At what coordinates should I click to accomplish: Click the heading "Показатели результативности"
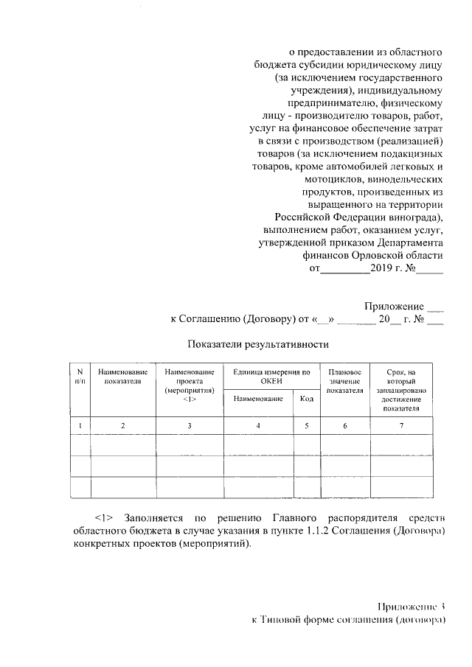tap(257, 344)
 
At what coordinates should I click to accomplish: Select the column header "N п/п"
tap(80, 376)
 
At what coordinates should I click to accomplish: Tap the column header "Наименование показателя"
tap(123, 376)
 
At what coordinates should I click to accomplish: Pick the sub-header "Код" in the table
tap(305, 399)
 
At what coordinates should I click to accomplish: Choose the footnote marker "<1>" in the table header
tap(190, 399)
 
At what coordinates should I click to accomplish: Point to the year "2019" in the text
tap(386, 270)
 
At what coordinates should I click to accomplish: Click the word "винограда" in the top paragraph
tap(415, 217)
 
